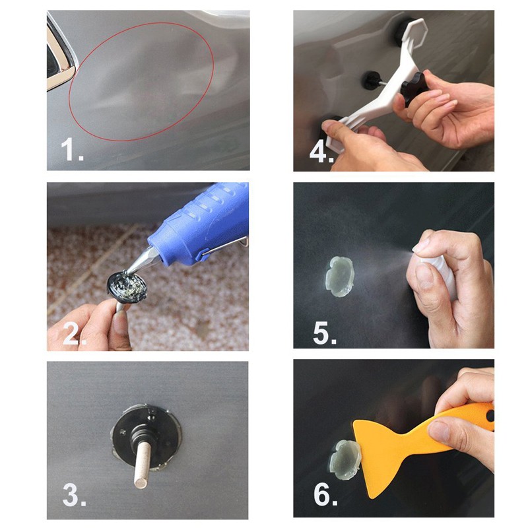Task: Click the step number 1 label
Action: coord(72,150)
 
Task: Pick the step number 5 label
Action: coord(325,333)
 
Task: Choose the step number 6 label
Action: coord(325,494)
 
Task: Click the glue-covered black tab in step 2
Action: coord(127,286)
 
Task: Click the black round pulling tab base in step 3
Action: coord(147,436)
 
